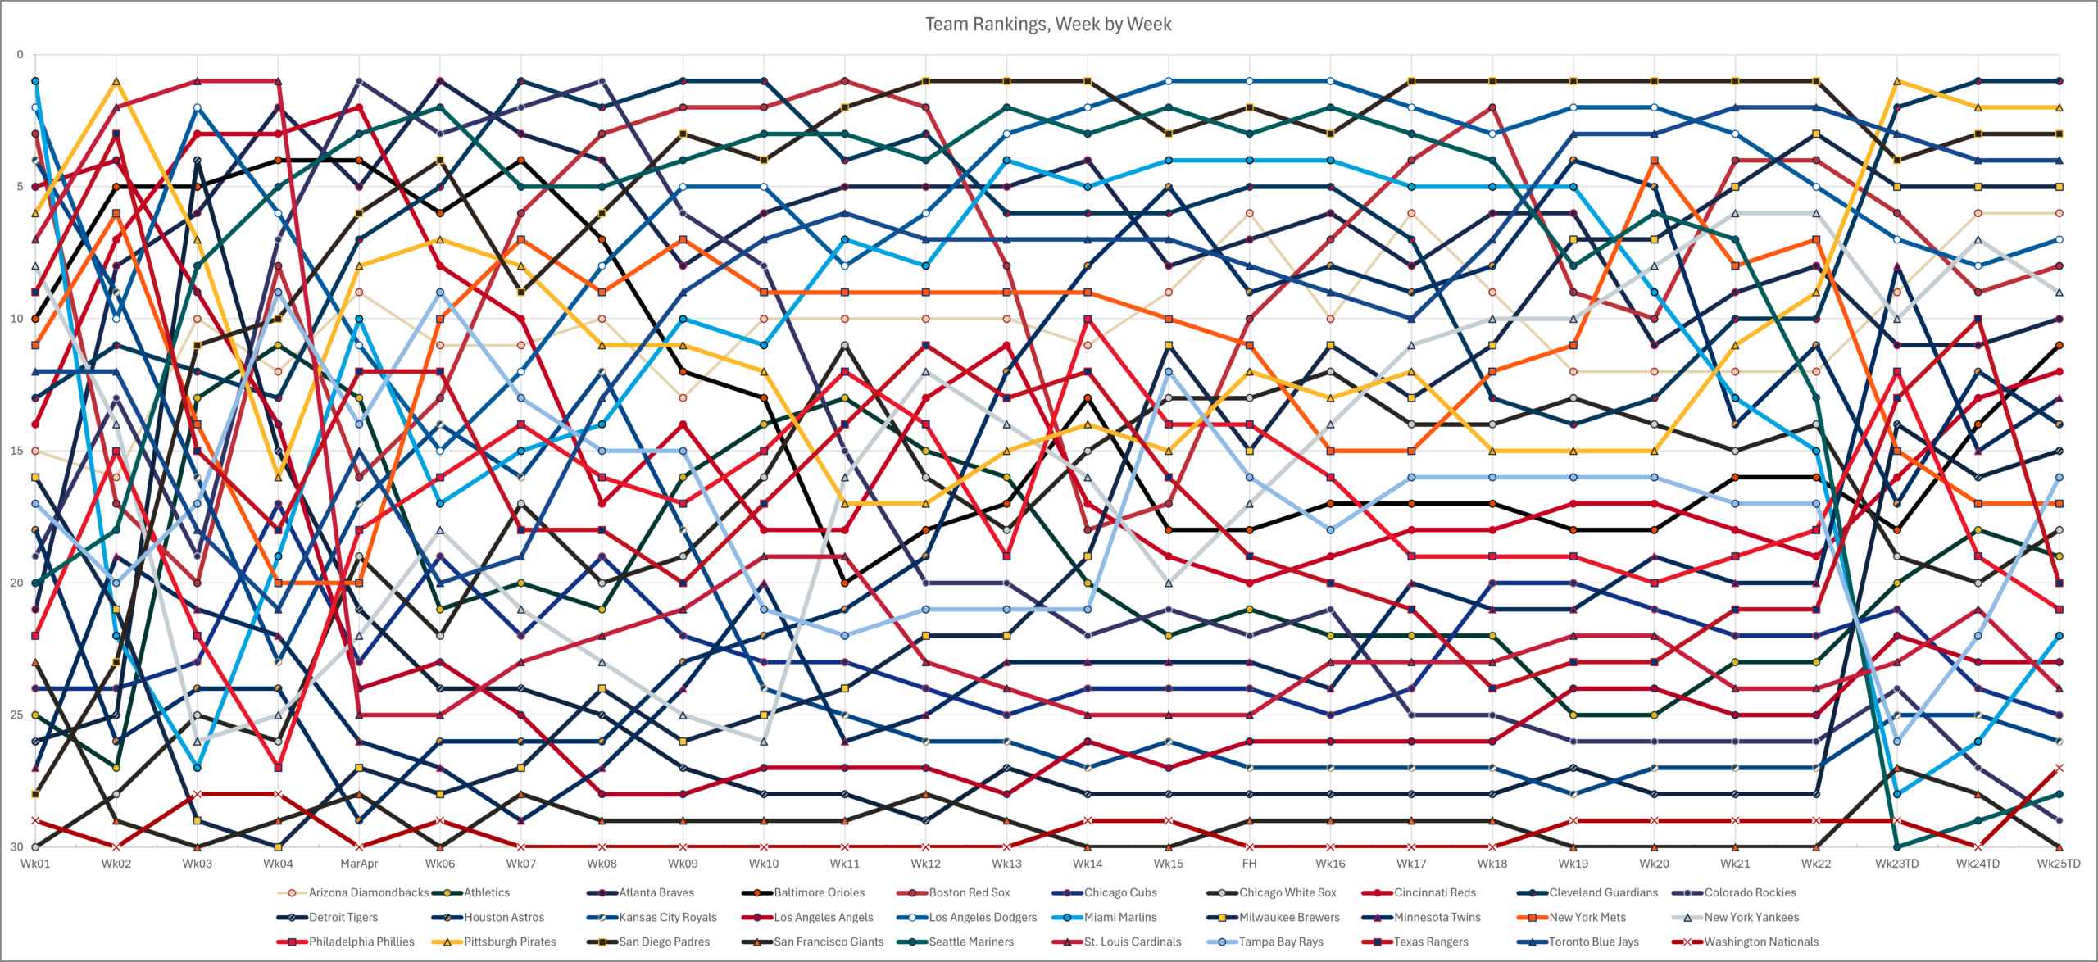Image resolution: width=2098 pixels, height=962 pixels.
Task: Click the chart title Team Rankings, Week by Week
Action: pos(1048,25)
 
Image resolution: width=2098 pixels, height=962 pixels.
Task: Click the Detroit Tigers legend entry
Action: pos(328,917)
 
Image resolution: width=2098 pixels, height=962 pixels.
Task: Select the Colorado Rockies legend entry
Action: pos(1734,892)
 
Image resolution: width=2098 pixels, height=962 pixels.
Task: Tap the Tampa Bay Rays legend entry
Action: pos(1265,942)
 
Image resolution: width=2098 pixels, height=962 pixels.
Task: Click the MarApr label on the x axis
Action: pos(359,864)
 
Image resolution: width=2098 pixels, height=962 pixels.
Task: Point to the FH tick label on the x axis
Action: pos(1249,864)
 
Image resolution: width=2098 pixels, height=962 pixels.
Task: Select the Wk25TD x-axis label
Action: pos(2059,864)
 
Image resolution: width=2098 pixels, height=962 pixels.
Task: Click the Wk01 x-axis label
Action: pos(35,864)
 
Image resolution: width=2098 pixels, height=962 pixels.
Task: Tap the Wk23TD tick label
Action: pos(1897,864)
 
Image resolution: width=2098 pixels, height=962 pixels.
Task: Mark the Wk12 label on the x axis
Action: pos(926,864)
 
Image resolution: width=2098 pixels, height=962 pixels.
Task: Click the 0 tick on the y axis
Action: pos(20,55)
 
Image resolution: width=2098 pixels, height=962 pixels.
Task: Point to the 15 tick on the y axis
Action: pos(18,451)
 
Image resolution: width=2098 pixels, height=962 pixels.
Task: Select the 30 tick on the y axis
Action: pos(18,846)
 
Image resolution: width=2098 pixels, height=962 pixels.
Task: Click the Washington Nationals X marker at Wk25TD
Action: pos(2059,768)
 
